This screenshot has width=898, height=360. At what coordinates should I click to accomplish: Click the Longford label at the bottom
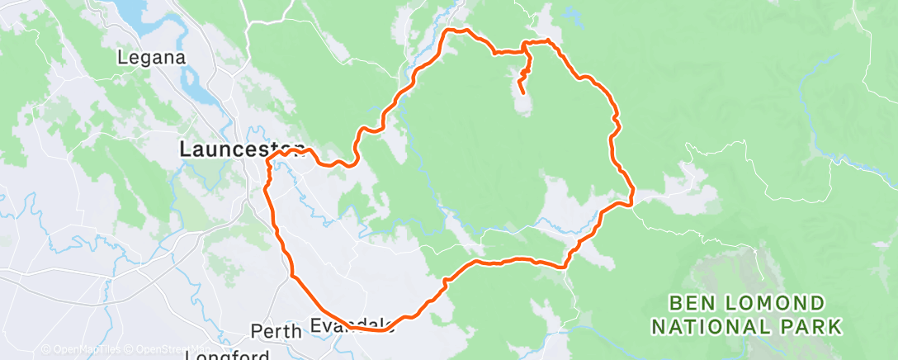click(x=226, y=355)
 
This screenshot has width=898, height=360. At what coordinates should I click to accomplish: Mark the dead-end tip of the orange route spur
click(x=522, y=92)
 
